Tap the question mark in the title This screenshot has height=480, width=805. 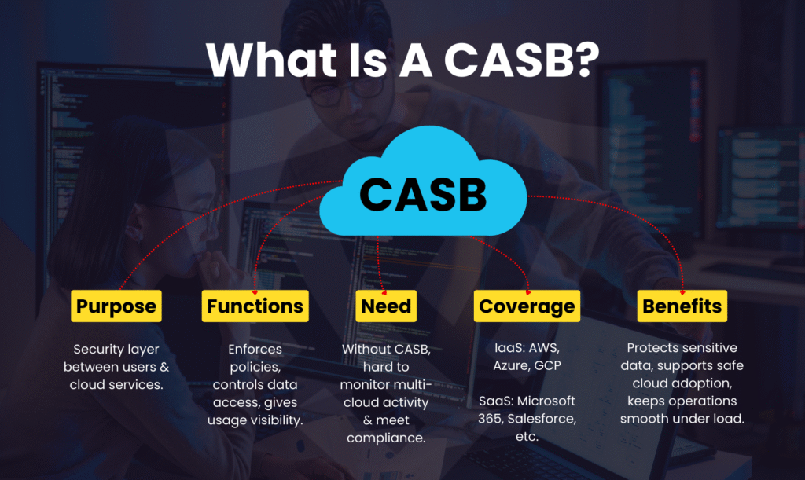click(x=581, y=60)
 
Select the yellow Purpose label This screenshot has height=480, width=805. click(x=116, y=306)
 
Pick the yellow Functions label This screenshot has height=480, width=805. click(x=255, y=306)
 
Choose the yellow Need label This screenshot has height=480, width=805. click(x=387, y=306)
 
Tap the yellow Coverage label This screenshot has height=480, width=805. click(x=527, y=306)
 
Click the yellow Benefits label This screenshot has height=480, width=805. click(x=682, y=306)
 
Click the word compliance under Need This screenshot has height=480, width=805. click(x=386, y=438)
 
